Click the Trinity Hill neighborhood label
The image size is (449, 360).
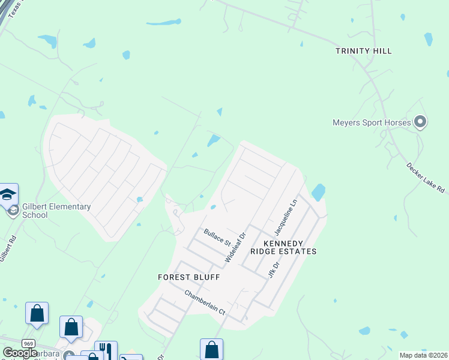(x=364, y=51)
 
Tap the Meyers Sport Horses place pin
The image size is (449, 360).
(x=420, y=122)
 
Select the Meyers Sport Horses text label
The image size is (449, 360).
(x=372, y=123)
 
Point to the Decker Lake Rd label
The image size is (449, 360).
(x=426, y=178)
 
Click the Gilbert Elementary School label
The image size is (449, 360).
(x=56, y=211)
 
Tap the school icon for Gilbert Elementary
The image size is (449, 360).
(x=8, y=195)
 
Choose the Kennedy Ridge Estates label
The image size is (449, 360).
(x=290, y=247)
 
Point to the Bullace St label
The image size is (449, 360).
(x=217, y=237)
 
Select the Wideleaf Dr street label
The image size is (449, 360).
(x=236, y=247)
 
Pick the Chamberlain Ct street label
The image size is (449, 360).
(x=204, y=303)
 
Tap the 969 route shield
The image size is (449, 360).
(x=28, y=343)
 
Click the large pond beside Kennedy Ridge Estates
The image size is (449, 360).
(x=318, y=192)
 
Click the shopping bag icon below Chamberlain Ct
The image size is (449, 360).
(x=211, y=349)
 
